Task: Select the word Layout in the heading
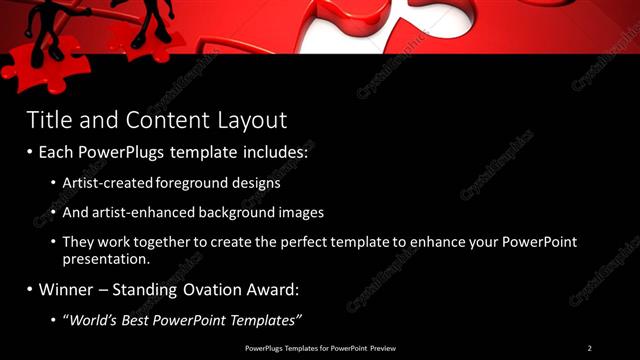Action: coord(252,121)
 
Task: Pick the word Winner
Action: coord(68,290)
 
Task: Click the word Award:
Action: coord(271,290)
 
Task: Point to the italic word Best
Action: coord(135,320)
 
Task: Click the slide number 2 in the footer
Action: coord(589,348)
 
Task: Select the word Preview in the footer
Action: coord(379,348)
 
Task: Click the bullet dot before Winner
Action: coord(29,291)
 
